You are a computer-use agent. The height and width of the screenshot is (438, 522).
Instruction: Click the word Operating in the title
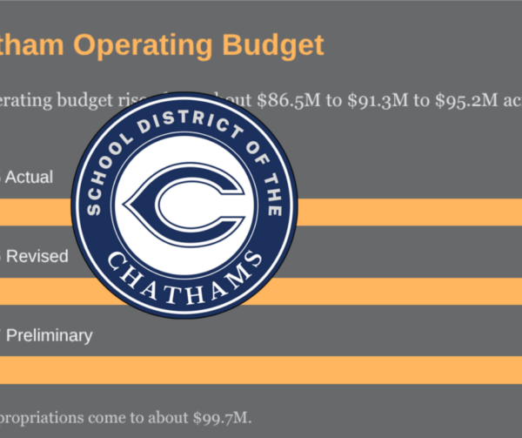[137, 44]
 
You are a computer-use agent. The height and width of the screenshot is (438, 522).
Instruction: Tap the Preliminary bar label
[48, 335]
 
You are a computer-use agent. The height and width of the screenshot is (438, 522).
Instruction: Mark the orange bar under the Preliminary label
[261, 369]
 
